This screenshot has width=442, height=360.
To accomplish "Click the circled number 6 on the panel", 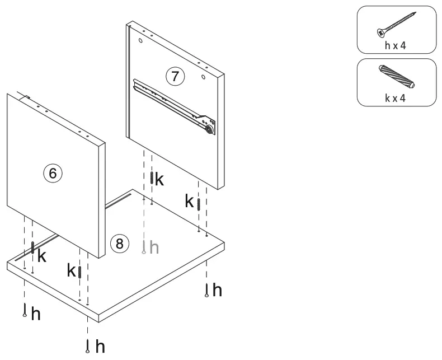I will [52, 174].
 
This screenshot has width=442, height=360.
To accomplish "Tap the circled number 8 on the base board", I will [119, 243].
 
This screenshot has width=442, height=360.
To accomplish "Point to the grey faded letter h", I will [154, 247].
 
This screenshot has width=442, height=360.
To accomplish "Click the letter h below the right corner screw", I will [217, 290].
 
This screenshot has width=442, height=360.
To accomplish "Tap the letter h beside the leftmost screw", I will [36, 314].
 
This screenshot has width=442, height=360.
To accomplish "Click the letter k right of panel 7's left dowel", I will [159, 180].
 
